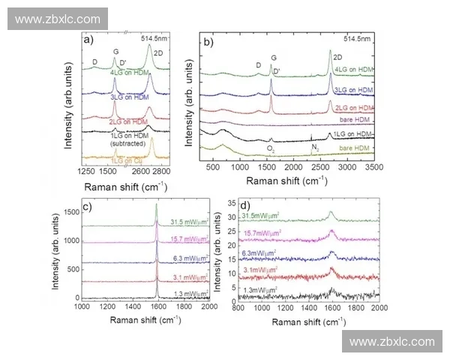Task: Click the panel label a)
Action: pos(88,40)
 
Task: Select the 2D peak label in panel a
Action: pos(157,53)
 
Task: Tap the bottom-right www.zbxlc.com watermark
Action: pos(392,341)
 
